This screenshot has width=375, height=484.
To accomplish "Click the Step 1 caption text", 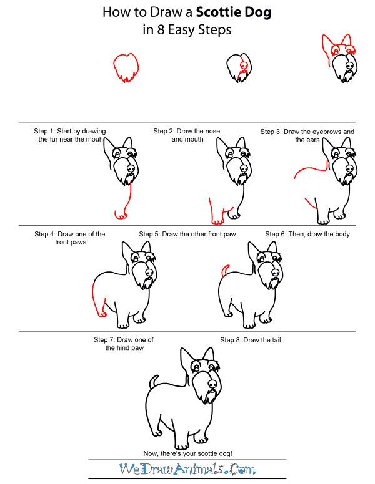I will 70,135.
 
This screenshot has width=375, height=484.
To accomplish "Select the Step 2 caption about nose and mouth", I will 187,135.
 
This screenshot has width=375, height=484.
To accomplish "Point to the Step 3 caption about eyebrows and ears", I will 307,135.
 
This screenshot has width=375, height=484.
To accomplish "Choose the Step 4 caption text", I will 70,238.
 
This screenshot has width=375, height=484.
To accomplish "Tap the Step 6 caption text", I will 307,234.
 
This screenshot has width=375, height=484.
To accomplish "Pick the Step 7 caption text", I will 124,343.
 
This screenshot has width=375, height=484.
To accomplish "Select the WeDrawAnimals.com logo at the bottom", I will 187,468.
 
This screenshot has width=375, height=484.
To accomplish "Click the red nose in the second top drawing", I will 244,65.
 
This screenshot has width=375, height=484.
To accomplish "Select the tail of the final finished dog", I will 152,380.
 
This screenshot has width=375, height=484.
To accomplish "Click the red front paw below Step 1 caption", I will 121,215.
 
